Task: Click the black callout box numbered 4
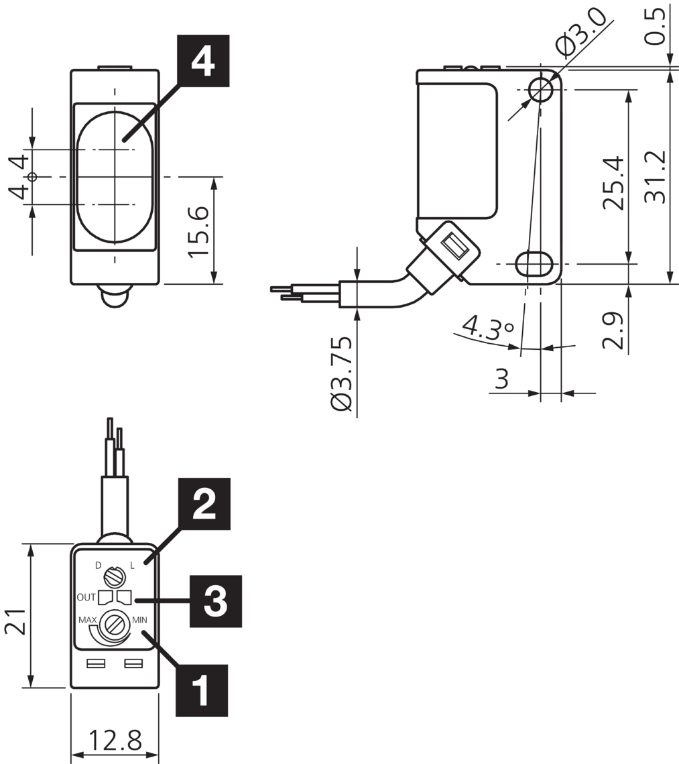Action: pyautogui.click(x=203, y=62)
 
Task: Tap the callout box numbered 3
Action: pyautogui.click(x=216, y=601)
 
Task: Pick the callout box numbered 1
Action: pyautogui.click(x=201, y=690)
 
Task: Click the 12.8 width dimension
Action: pyautogui.click(x=115, y=741)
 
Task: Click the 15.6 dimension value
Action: pyautogui.click(x=198, y=231)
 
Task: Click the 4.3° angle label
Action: pyautogui.click(x=487, y=328)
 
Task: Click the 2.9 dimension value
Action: pyautogui.click(x=613, y=330)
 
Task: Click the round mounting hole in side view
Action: pyautogui.click(x=540, y=88)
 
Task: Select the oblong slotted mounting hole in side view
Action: pyautogui.click(x=534, y=263)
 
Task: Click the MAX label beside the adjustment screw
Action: pyautogui.click(x=88, y=619)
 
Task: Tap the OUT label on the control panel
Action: pyautogui.click(x=86, y=596)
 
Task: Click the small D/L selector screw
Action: pyautogui.click(x=115, y=574)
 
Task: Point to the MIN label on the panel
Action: pyautogui.click(x=139, y=619)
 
